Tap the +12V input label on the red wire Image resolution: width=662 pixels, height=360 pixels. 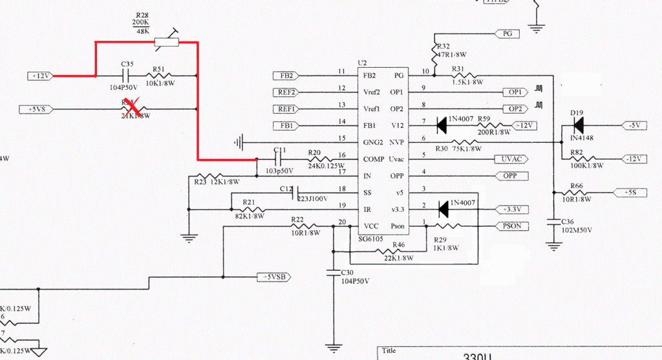(x=40, y=76)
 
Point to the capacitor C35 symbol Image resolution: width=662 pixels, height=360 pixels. (x=127, y=76)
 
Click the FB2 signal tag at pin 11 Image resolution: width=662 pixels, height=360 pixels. (x=284, y=75)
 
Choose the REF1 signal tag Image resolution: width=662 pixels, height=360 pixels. (x=286, y=109)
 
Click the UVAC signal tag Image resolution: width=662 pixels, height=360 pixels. (x=511, y=158)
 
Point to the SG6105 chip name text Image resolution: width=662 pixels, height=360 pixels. (x=371, y=238)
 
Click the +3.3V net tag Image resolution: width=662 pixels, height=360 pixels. (x=515, y=209)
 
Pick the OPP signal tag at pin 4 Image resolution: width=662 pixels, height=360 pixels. (x=511, y=176)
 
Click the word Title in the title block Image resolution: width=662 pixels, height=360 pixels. (x=389, y=350)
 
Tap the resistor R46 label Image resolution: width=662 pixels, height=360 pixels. (x=398, y=246)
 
